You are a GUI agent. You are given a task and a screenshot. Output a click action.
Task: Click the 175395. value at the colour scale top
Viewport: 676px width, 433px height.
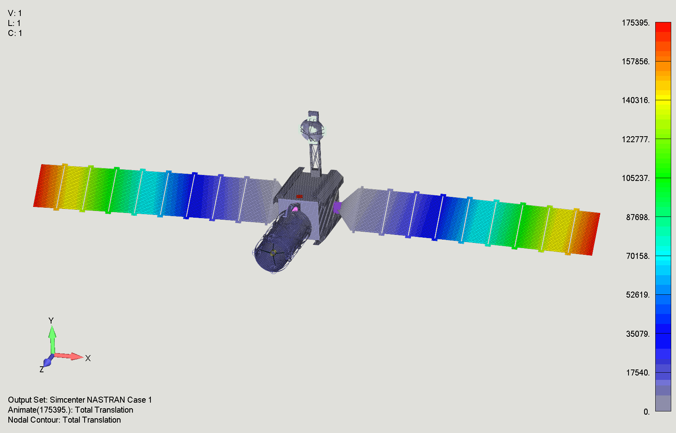tap(636, 23)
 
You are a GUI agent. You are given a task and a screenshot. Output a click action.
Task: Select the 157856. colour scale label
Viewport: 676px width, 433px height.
tap(636, 62)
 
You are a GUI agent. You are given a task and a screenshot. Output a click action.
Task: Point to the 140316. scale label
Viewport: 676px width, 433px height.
tap(636, 100)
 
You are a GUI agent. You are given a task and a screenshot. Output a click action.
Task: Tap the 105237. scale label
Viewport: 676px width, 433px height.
tap(636, 178)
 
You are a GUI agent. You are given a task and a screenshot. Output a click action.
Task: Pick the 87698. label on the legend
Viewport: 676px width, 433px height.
tap(638, 217)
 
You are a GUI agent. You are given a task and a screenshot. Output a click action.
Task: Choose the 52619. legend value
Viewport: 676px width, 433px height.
tap(638, 295)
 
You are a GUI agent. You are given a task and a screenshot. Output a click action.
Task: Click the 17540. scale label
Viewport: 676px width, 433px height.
tap(638, 373)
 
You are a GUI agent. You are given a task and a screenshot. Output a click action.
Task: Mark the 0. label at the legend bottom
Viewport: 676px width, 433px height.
tap(646, 412)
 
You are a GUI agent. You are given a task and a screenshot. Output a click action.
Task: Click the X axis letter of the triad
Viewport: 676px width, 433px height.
tap(88, 358)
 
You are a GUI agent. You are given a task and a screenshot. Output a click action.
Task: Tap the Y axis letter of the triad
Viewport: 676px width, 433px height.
tap(51, 321)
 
